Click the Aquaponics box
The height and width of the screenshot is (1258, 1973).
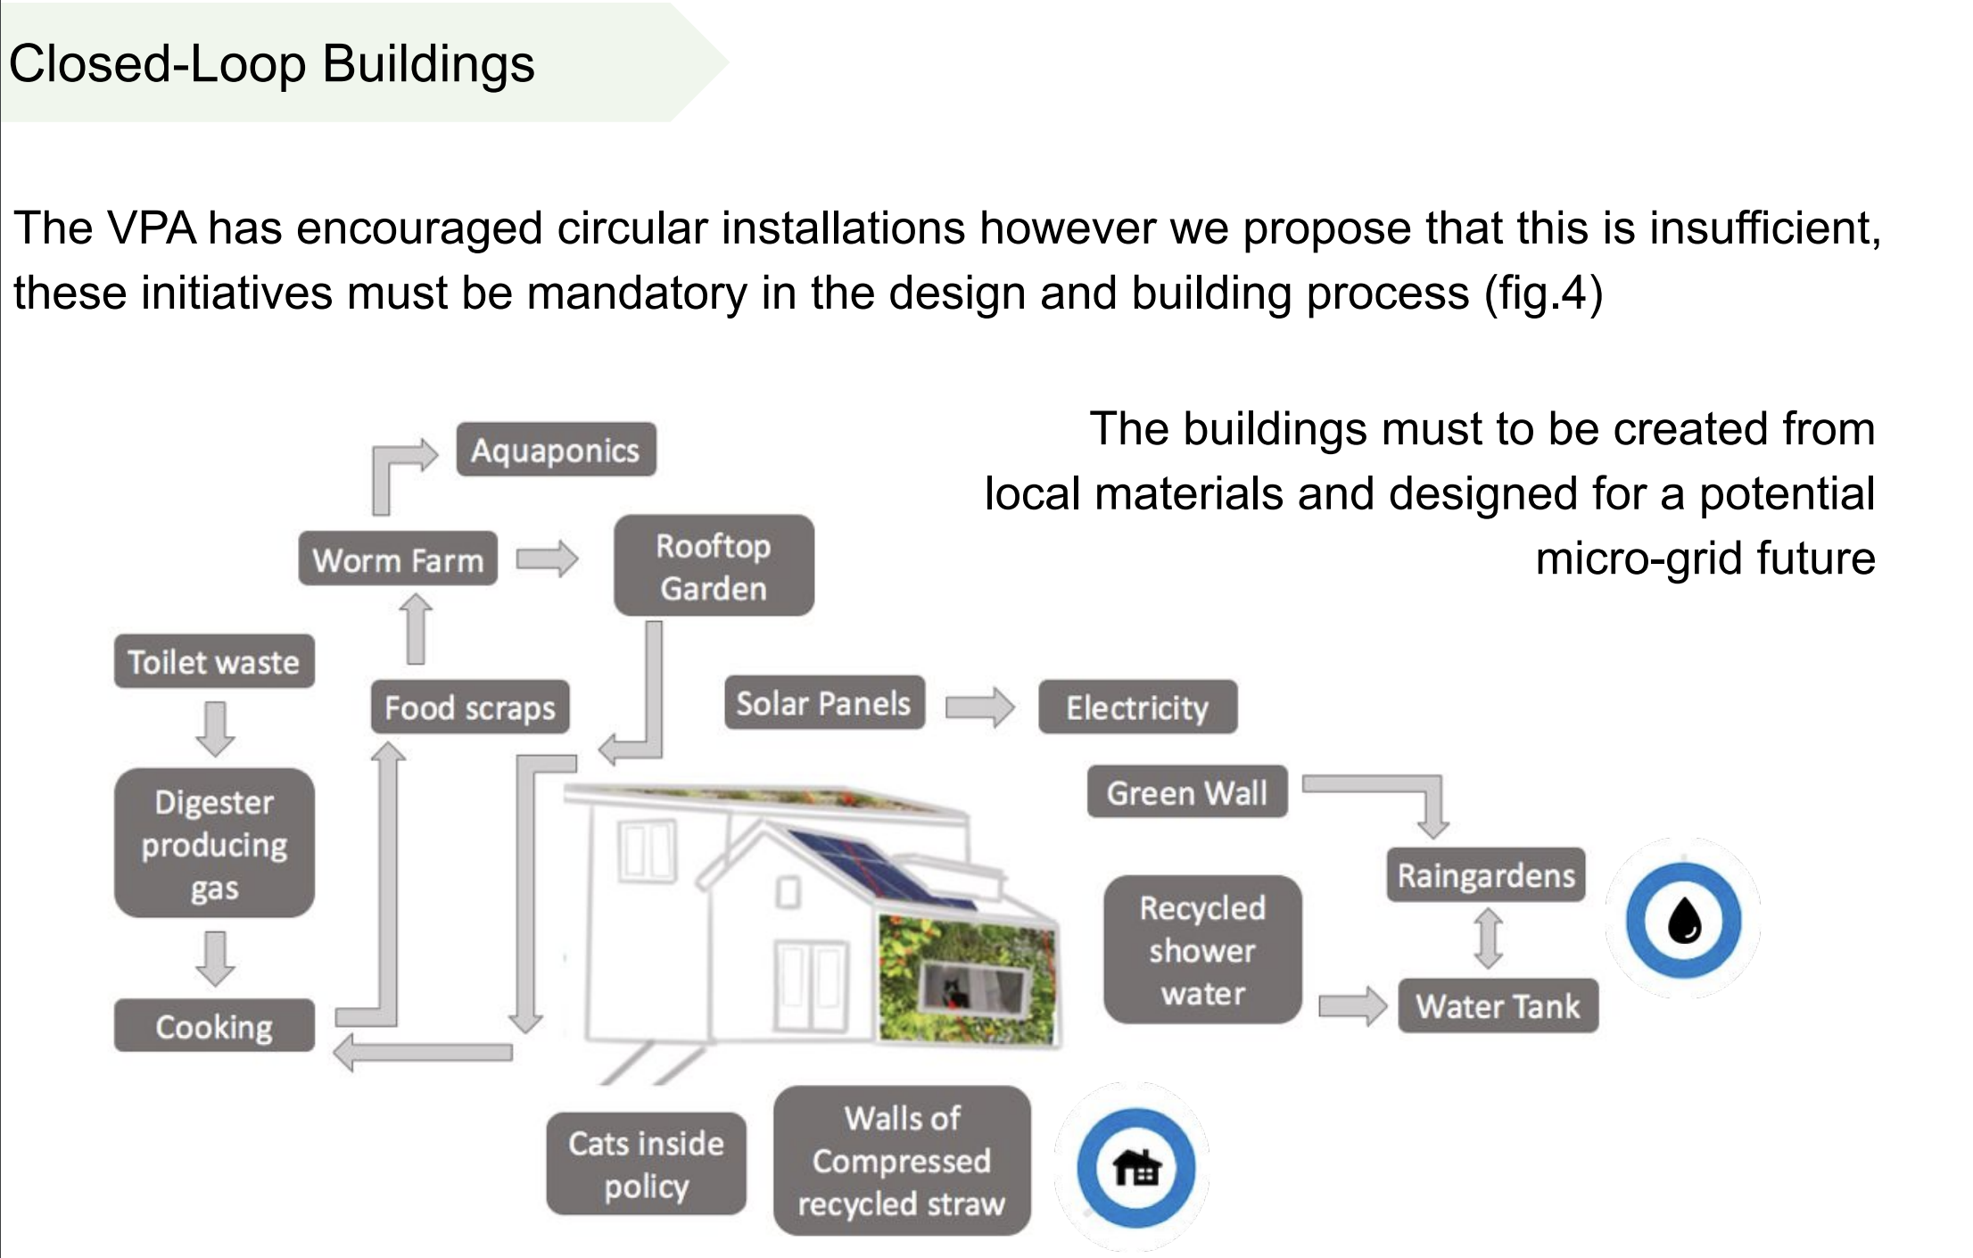pos(556,450)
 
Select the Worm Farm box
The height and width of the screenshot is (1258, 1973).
pos(398,559)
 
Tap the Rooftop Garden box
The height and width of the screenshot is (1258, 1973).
pos(714,566)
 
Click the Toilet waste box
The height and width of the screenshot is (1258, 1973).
pos(214,662)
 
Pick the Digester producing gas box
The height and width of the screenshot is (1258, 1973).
pos(214,843)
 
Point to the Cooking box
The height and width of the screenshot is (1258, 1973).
pos(214,1026)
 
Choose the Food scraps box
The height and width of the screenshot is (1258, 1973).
pos(470,708)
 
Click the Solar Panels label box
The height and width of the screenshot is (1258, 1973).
pos(823,703)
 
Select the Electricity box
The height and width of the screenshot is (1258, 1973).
pos(1137,708)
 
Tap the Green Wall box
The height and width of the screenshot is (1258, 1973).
pos(1186,792)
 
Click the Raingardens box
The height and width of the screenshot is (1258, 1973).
pos(1486,875)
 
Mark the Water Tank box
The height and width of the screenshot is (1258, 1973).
pos(1498,1006)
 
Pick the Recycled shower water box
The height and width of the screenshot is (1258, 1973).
pos(1202,950)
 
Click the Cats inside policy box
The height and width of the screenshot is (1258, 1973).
pos(646,1164)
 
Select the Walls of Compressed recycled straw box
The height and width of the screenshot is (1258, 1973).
pos(902,1161)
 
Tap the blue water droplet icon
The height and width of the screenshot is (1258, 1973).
pos(1683,920)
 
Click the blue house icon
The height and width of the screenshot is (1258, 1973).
pos(1135,1167)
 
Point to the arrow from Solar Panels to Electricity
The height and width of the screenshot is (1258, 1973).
pos(979,708)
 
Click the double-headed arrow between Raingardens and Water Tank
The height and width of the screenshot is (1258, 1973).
pos(1488,939)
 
